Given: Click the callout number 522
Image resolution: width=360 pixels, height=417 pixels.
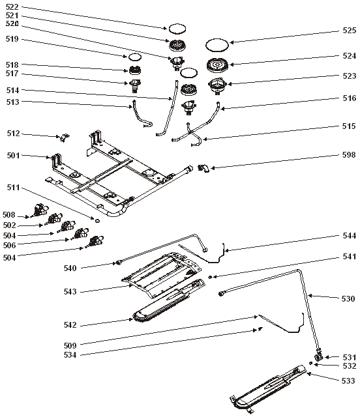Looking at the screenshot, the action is click(12, 7).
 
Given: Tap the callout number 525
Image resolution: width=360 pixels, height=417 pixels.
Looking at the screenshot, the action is click(350, 31).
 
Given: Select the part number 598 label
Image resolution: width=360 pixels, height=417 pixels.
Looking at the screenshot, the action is click(349, 155).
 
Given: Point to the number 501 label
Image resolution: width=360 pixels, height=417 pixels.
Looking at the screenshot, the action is click(13, 155).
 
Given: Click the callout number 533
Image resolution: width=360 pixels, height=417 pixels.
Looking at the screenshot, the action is click(348, 381).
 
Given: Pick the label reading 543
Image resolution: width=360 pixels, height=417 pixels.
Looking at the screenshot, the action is click(70, 292).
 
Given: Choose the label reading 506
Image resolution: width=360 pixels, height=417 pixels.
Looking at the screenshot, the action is click(10, 245).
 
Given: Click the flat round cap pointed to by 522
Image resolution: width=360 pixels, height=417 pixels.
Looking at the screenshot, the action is click(177, 29).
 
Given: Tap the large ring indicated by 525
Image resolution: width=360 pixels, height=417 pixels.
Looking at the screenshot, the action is click(217, 45).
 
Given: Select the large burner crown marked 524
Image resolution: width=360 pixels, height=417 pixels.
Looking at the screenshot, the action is click(218, 65).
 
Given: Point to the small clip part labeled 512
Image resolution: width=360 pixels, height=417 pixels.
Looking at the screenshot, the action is click(64, 137).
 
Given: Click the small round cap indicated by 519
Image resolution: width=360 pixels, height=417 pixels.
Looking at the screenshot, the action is click(135, 57).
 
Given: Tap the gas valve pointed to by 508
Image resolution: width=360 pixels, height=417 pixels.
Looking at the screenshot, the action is click(40, 209).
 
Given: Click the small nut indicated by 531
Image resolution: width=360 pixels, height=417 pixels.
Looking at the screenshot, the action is click(319, 357).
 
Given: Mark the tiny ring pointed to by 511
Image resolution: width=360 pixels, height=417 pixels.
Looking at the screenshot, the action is click(97, 221).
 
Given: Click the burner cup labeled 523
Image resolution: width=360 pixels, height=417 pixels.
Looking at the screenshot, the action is click(218, 85).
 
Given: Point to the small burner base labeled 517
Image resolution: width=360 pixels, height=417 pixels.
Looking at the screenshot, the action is click(135, 85).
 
